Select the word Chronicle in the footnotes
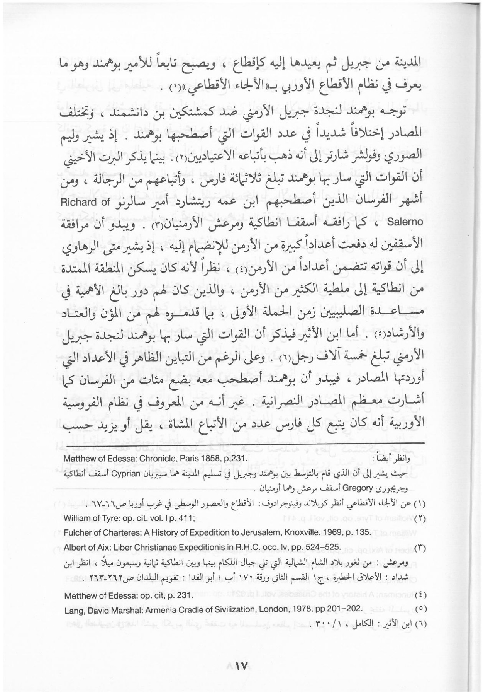coord(148,459)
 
